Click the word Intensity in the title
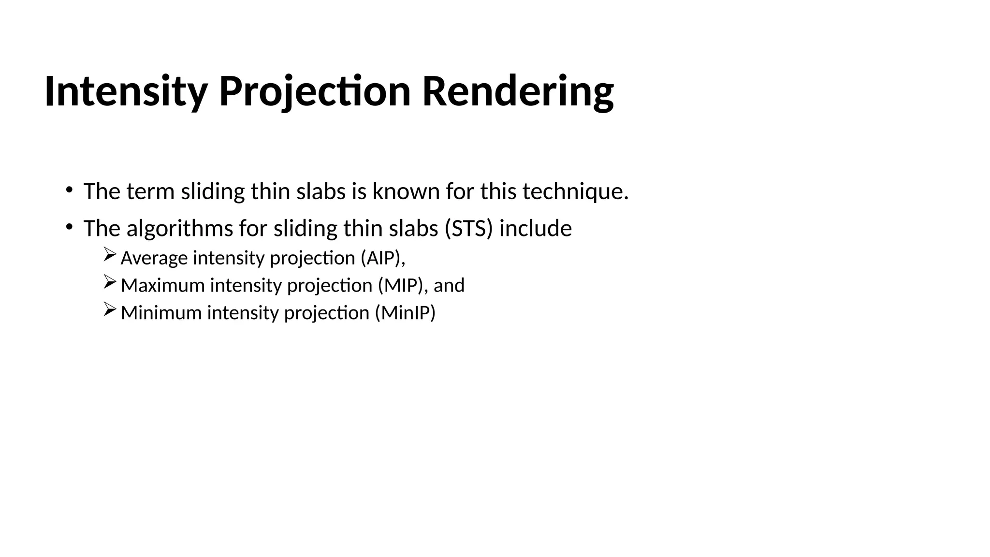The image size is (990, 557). pos(126,92)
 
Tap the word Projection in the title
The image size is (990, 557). pos(315,92)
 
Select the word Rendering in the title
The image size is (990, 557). pos(518,92)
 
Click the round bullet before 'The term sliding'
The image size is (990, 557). pos(69,189)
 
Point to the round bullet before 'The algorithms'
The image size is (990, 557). pos(69,226)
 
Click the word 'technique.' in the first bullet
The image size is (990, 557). pos(575,191)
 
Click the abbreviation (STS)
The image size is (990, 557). pos(468,229)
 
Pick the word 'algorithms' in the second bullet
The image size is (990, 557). pos(180,229)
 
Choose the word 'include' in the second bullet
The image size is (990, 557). pos(535,229)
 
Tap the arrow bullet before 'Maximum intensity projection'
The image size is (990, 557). pos(110,282)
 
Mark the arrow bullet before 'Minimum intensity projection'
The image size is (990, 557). pos(110,309)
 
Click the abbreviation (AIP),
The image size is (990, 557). pos(383,258)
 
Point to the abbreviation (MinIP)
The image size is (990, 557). pos(405,313)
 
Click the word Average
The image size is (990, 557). pos(154,258)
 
